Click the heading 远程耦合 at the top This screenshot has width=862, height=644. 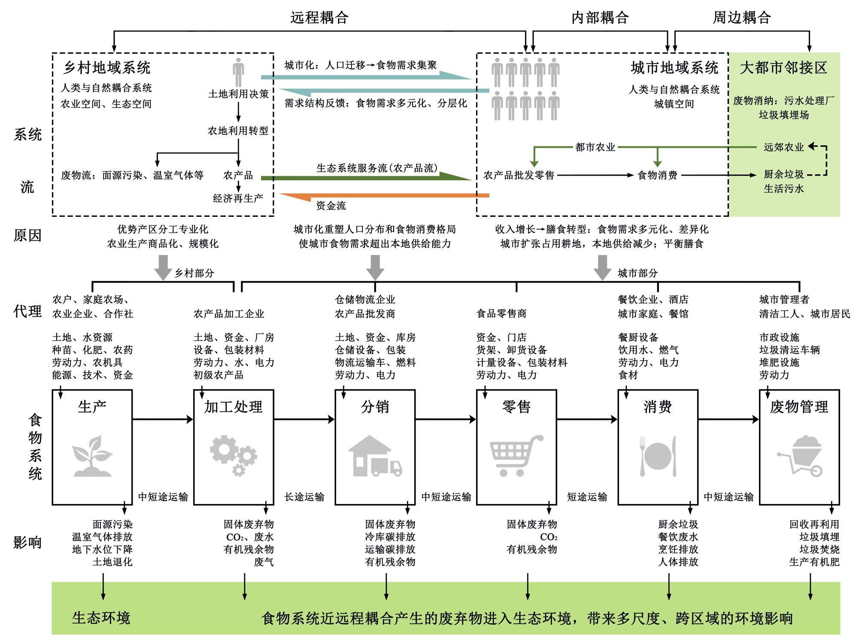(319, 18)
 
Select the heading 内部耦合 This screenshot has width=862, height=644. (600, 18)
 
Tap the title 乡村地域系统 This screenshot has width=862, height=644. (107, 67)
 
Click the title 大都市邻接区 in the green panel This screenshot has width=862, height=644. (783, 67)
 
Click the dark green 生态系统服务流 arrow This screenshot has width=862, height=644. (365, 177)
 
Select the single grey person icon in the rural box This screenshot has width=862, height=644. (238, 72)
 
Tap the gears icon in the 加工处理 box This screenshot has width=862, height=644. (233, 455)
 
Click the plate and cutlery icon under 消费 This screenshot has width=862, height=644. (658, 456)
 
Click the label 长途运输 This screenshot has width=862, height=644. (304, 497)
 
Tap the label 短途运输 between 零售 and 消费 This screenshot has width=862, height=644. (587, 497)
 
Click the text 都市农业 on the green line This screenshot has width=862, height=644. (595, 147)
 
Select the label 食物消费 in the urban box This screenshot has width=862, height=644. (657, 175)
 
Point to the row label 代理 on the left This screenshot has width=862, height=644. (27, 311)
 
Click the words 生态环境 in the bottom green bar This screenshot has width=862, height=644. (101, 618)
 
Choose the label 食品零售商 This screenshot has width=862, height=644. (501, 313)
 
